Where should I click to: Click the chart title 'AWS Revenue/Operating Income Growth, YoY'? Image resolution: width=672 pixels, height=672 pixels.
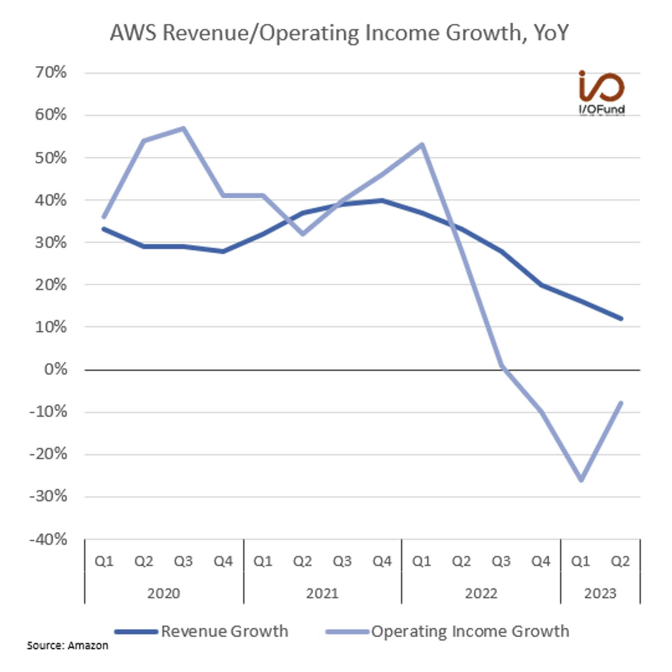(339, 33)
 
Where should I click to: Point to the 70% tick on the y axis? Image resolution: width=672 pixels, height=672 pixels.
(51, 72)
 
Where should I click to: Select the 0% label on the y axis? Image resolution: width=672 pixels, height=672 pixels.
(56, 369)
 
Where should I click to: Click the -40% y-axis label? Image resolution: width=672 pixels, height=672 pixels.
(48, 539)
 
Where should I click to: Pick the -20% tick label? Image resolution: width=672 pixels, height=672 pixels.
(48, 454)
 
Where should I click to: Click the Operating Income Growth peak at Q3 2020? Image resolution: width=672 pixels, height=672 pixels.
(183, 128)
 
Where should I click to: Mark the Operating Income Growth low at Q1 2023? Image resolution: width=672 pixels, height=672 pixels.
(581, 480)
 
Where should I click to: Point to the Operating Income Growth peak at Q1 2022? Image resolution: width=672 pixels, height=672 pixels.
(422, 145)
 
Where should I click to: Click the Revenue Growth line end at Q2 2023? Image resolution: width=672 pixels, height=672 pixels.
(621, 318)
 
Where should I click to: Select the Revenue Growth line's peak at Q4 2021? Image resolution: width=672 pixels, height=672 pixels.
(382, 200)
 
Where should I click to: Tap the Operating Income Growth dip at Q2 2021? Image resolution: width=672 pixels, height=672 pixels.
(303, 234)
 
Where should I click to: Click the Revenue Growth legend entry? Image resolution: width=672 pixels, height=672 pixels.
(202, 631)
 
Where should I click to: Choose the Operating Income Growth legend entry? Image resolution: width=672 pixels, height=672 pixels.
(447, 631)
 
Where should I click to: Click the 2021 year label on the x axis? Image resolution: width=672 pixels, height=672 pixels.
(322, 593)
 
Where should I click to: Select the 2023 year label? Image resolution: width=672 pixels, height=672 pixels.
(600, 593)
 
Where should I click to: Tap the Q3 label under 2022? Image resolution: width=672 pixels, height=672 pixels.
(501, 561)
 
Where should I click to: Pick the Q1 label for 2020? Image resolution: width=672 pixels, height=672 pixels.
(104, 561)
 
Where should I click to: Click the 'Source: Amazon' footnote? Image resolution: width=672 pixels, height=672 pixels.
(67, 645)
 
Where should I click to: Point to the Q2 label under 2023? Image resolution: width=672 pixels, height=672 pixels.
(620, 561)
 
